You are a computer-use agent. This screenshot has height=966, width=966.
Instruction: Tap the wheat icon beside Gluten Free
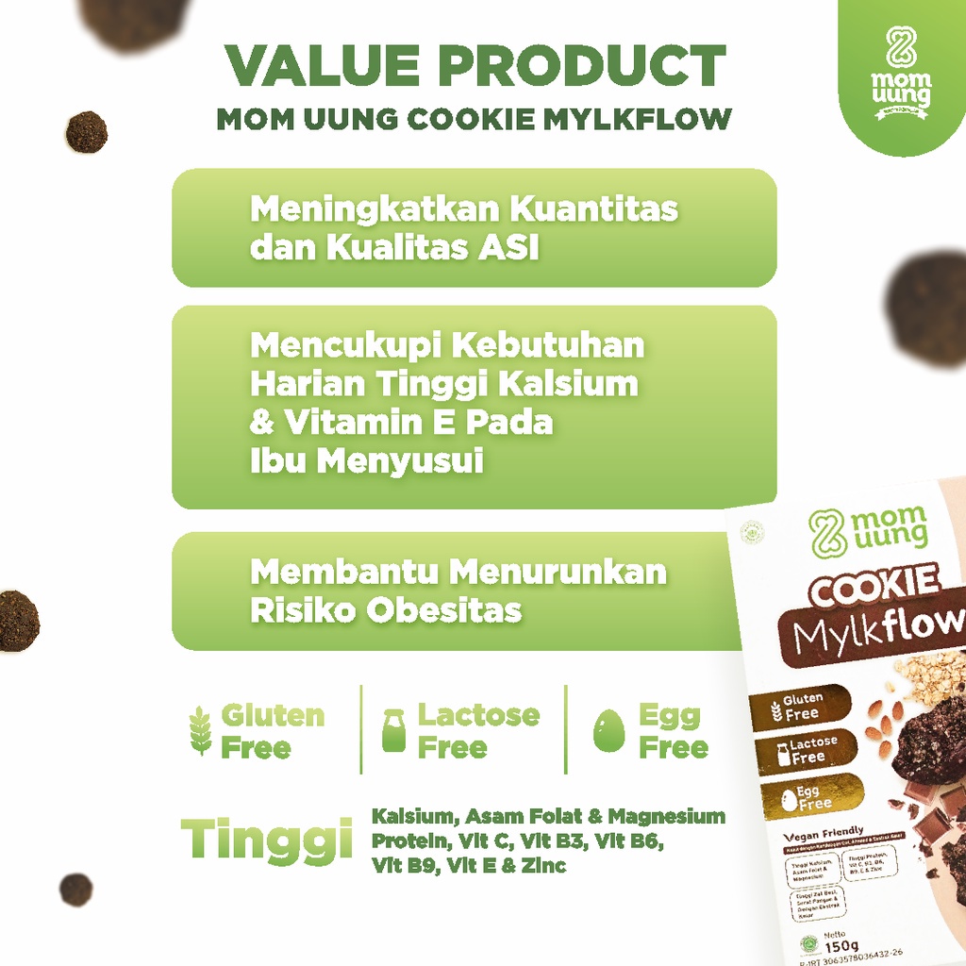[x=201, y=732]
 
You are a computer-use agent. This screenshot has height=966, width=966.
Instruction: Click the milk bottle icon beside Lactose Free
[x=393, y=731]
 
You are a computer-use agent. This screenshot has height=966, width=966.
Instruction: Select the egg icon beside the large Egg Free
[x=608, y=731]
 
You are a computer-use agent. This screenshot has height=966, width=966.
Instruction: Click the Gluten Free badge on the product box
[x=801, y=707]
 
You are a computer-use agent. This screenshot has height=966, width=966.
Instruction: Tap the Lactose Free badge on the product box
[x=806, y=751]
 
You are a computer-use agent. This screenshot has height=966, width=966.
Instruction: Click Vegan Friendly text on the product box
[x=824, y=831]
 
